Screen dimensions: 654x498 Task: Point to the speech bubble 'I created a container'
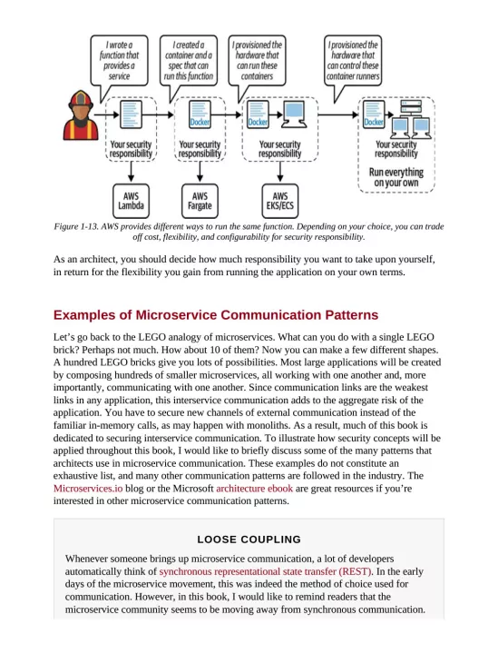(x=189, y=59)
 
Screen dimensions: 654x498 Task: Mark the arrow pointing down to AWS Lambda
(x=130, y=173)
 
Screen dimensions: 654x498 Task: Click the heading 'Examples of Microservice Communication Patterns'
(x=216, y=315)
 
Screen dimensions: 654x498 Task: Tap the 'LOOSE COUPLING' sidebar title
(x=249, y=540)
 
